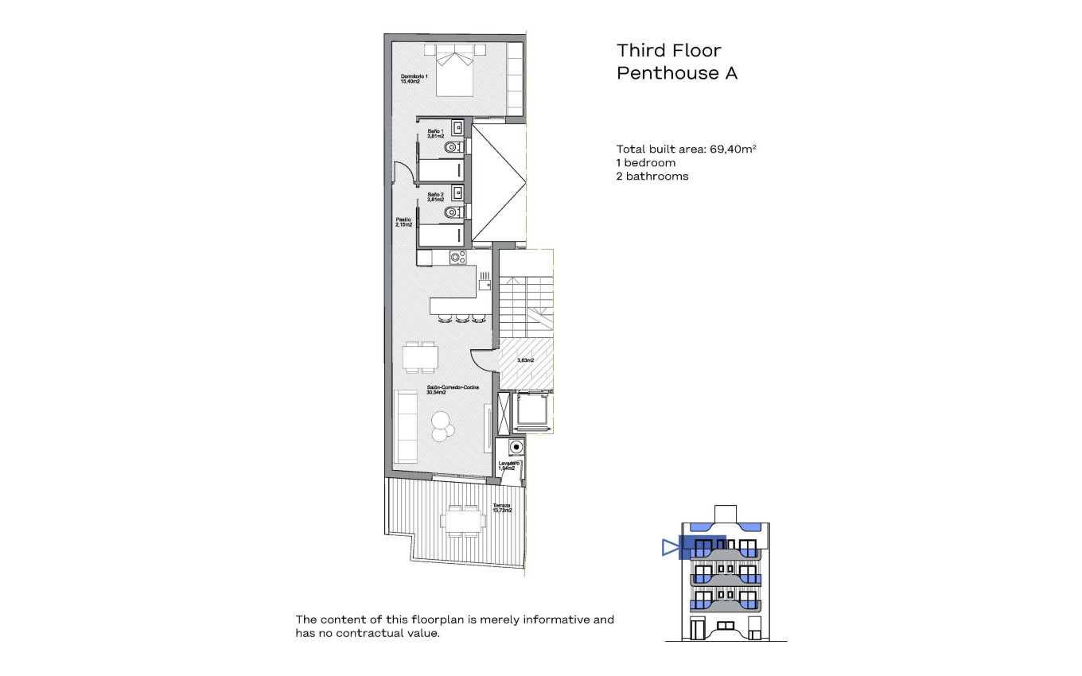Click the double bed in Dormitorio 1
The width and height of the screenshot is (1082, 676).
pos(455,71)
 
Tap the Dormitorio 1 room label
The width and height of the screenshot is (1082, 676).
pos(414,79)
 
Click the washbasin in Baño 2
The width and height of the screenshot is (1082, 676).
pos(457,192)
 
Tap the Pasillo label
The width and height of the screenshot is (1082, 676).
pos(404,223)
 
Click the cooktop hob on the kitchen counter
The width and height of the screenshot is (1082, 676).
pos(457,257)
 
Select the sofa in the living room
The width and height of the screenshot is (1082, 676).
pos(406,426)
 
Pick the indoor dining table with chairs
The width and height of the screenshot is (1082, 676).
pos(419,357)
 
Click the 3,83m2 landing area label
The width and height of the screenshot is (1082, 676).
pos(525,360)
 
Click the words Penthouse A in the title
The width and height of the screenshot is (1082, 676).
pos(677,74)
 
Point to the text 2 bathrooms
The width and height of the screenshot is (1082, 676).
pos(652,176)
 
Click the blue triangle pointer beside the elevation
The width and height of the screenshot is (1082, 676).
pos(670,547)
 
